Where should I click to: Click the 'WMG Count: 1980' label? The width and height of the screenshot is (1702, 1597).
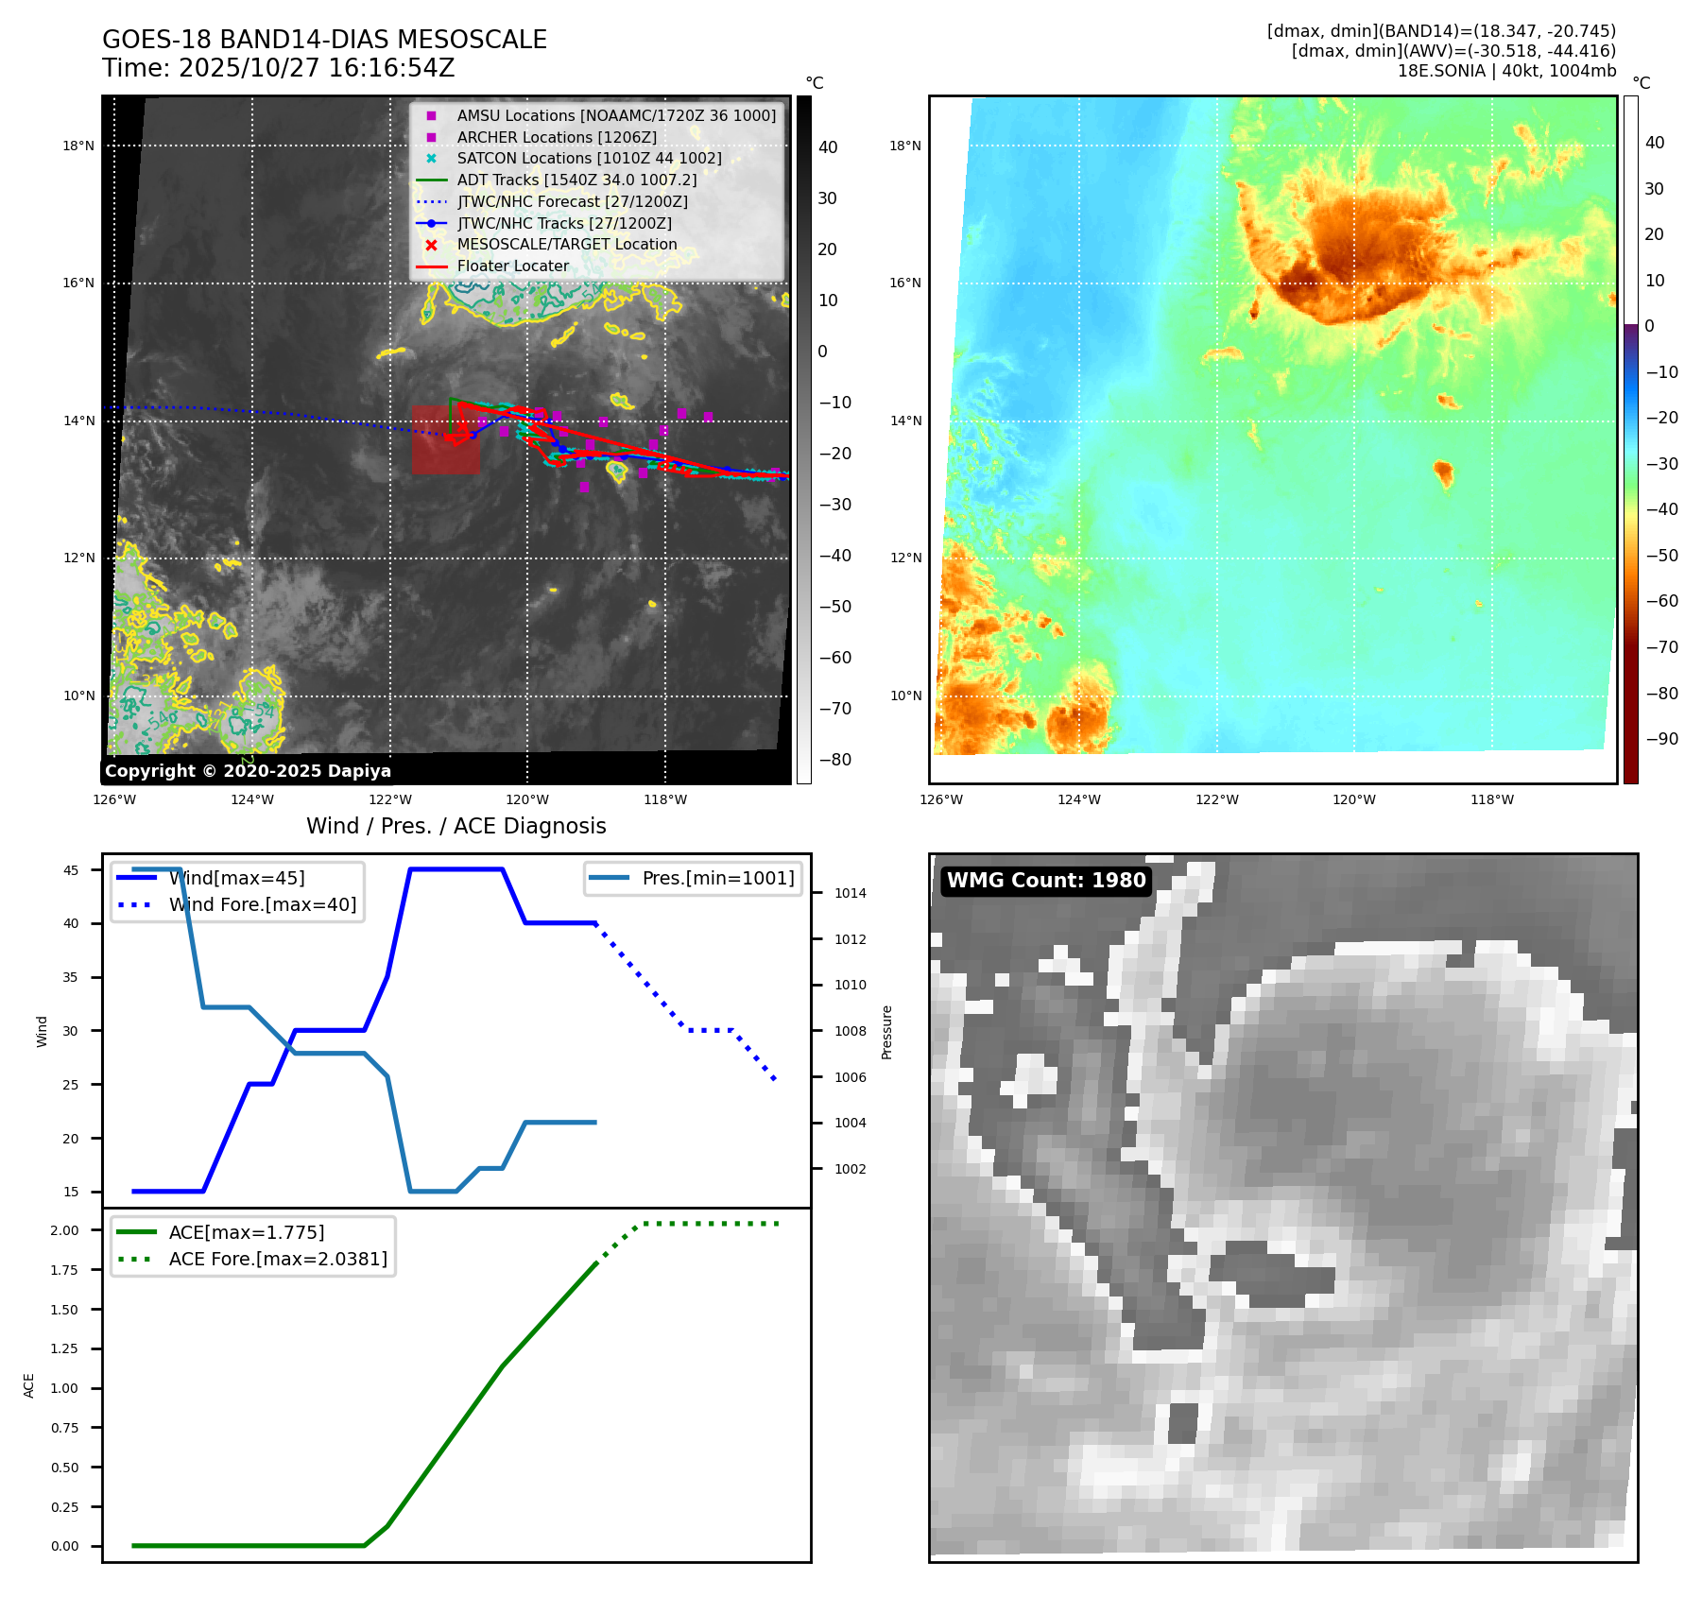pyautogui.click(x=1046, y=881)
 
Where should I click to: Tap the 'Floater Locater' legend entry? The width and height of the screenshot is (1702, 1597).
pyautogui.click(x=513, y=266)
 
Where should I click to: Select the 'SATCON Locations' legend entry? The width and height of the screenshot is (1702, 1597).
pyautogui.click(x=589, y=159)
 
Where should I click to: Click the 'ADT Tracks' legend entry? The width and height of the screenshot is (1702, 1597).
pyautogui.click(x=576, y=180)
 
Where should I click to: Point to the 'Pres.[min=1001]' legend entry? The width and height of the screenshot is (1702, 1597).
pyautogui.click(x=718, y=878)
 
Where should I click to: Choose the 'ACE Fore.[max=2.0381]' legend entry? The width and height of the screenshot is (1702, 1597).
pyautogui.click(x=278, y=1259)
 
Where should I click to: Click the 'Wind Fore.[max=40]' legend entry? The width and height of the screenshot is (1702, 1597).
pyautogui.click(x=263, y=904)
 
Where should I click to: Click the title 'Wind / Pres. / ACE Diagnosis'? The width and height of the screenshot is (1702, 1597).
pyautogui.click(x=456, y=826)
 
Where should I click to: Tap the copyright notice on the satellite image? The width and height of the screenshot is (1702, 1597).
pyautogui.click(x=248, y=771)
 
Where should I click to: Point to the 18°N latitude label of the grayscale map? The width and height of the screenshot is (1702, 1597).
pyautogui.click(x=78, y=146)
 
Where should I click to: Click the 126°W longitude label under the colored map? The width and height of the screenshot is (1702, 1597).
pyautogui.click(x=941, y=799)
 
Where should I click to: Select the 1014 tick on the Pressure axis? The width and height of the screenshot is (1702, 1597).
pyautogui.click(x=851, y=893)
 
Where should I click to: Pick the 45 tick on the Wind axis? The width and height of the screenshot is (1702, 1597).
pyautogui.click(x=71, y=870)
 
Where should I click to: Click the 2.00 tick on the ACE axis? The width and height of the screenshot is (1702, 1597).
pyautogui.click(x=65, y=1230)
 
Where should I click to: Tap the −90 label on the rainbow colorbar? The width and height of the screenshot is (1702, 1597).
pyautogui.click(x=1661, y=739)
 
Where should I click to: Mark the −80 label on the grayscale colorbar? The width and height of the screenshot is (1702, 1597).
pyautogui.click(x=834, y=760)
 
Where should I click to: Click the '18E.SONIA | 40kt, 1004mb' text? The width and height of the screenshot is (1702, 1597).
pyautogui.click(x=1506, y=71)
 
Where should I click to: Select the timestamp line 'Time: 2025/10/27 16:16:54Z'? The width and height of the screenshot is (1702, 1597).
pyautogui.click(x=279, y=68)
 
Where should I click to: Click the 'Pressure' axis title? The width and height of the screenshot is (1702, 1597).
pyautogui.click(x=886, y=1032)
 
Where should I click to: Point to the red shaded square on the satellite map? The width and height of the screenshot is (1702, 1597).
pyautogui.click(x=445, y=439)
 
